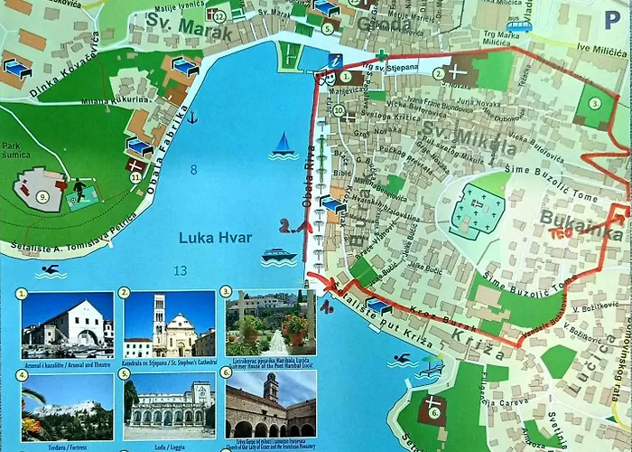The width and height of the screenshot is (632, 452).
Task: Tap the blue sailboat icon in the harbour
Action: pos(283,145)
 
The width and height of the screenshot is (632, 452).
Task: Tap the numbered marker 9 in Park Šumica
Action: pos(42,196)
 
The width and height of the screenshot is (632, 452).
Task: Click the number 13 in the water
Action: pos(181,271)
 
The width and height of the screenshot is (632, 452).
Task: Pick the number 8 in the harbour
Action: pos(193,170)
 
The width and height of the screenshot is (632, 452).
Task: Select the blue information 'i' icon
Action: pos(336,61)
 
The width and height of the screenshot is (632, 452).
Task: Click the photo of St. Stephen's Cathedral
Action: pos(169,325)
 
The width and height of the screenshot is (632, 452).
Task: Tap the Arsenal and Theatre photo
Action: pos(66,325)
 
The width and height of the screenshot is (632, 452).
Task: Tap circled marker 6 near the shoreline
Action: pos(433,414)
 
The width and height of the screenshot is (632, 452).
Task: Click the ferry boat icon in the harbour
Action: pos(279,257)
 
